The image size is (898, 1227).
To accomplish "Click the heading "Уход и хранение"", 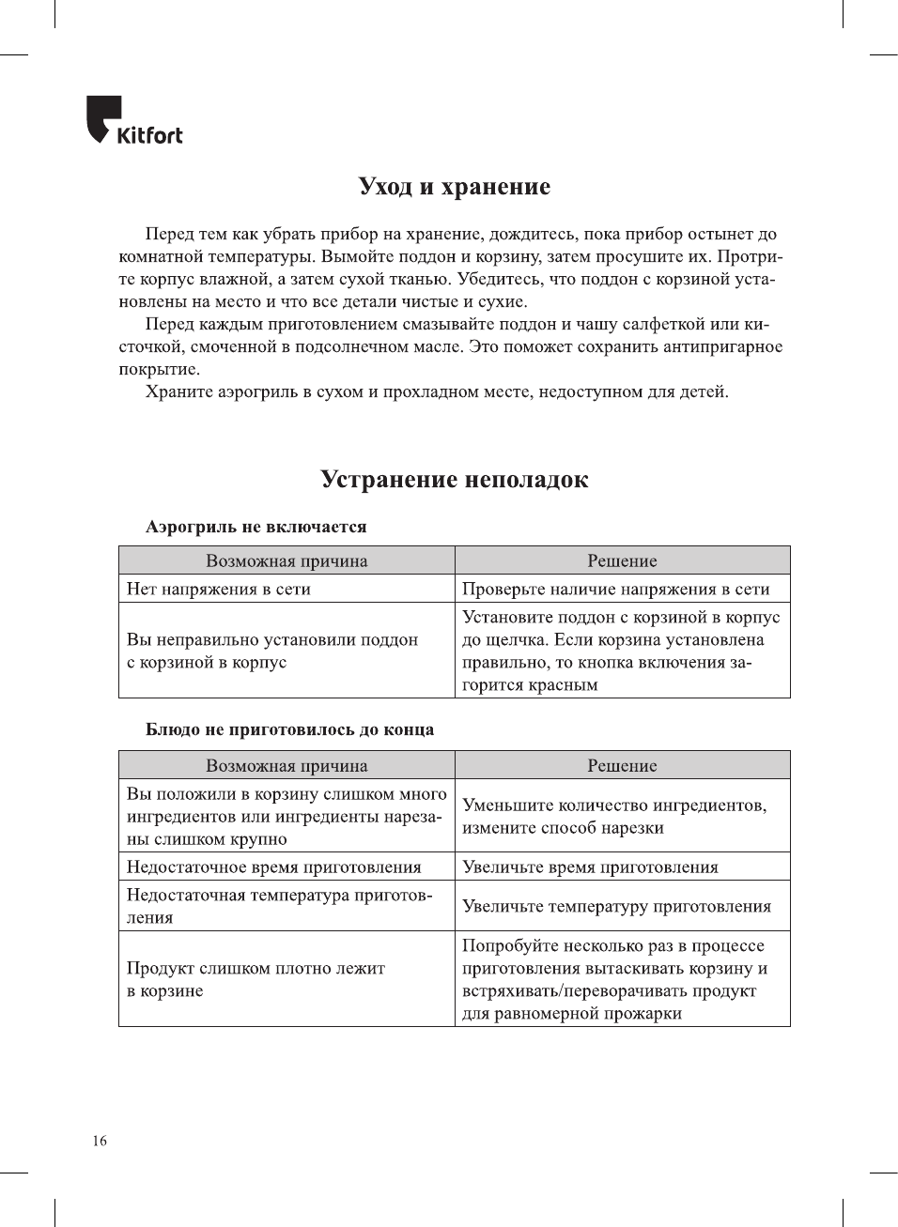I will (454, 187).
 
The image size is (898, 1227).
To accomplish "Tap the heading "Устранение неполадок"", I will (454, 480).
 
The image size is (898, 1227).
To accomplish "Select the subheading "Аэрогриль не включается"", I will (255, 527).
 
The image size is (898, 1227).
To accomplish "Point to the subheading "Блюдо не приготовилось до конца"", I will (289, 729).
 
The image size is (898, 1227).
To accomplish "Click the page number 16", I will (100, 1141).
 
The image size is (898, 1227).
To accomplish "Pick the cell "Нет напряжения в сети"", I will (219, 589).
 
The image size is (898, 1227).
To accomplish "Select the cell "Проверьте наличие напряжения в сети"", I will (615, 589).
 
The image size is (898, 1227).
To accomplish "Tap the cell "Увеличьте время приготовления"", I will (590, 867).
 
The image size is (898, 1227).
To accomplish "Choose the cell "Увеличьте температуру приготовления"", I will (616, 906).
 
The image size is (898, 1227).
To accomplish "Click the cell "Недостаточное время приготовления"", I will (274, 867).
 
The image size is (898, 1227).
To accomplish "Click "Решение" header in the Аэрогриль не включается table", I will (622, 560).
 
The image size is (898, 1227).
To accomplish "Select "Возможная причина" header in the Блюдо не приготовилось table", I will (286, 765).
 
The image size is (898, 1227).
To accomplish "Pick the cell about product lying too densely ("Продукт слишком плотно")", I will (255, 979).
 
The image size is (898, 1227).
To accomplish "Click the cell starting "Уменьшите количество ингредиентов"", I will (614, 816).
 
